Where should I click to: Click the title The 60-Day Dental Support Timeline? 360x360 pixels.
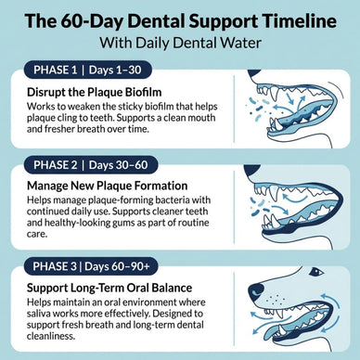pyautogui.click(x=180, y=21)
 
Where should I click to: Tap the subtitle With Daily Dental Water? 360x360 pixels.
pyautogui.click(x=180, y=44)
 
